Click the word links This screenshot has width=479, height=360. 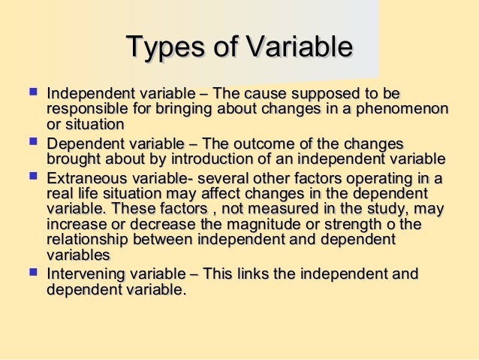pyautogui.click(x=252, y=274)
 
